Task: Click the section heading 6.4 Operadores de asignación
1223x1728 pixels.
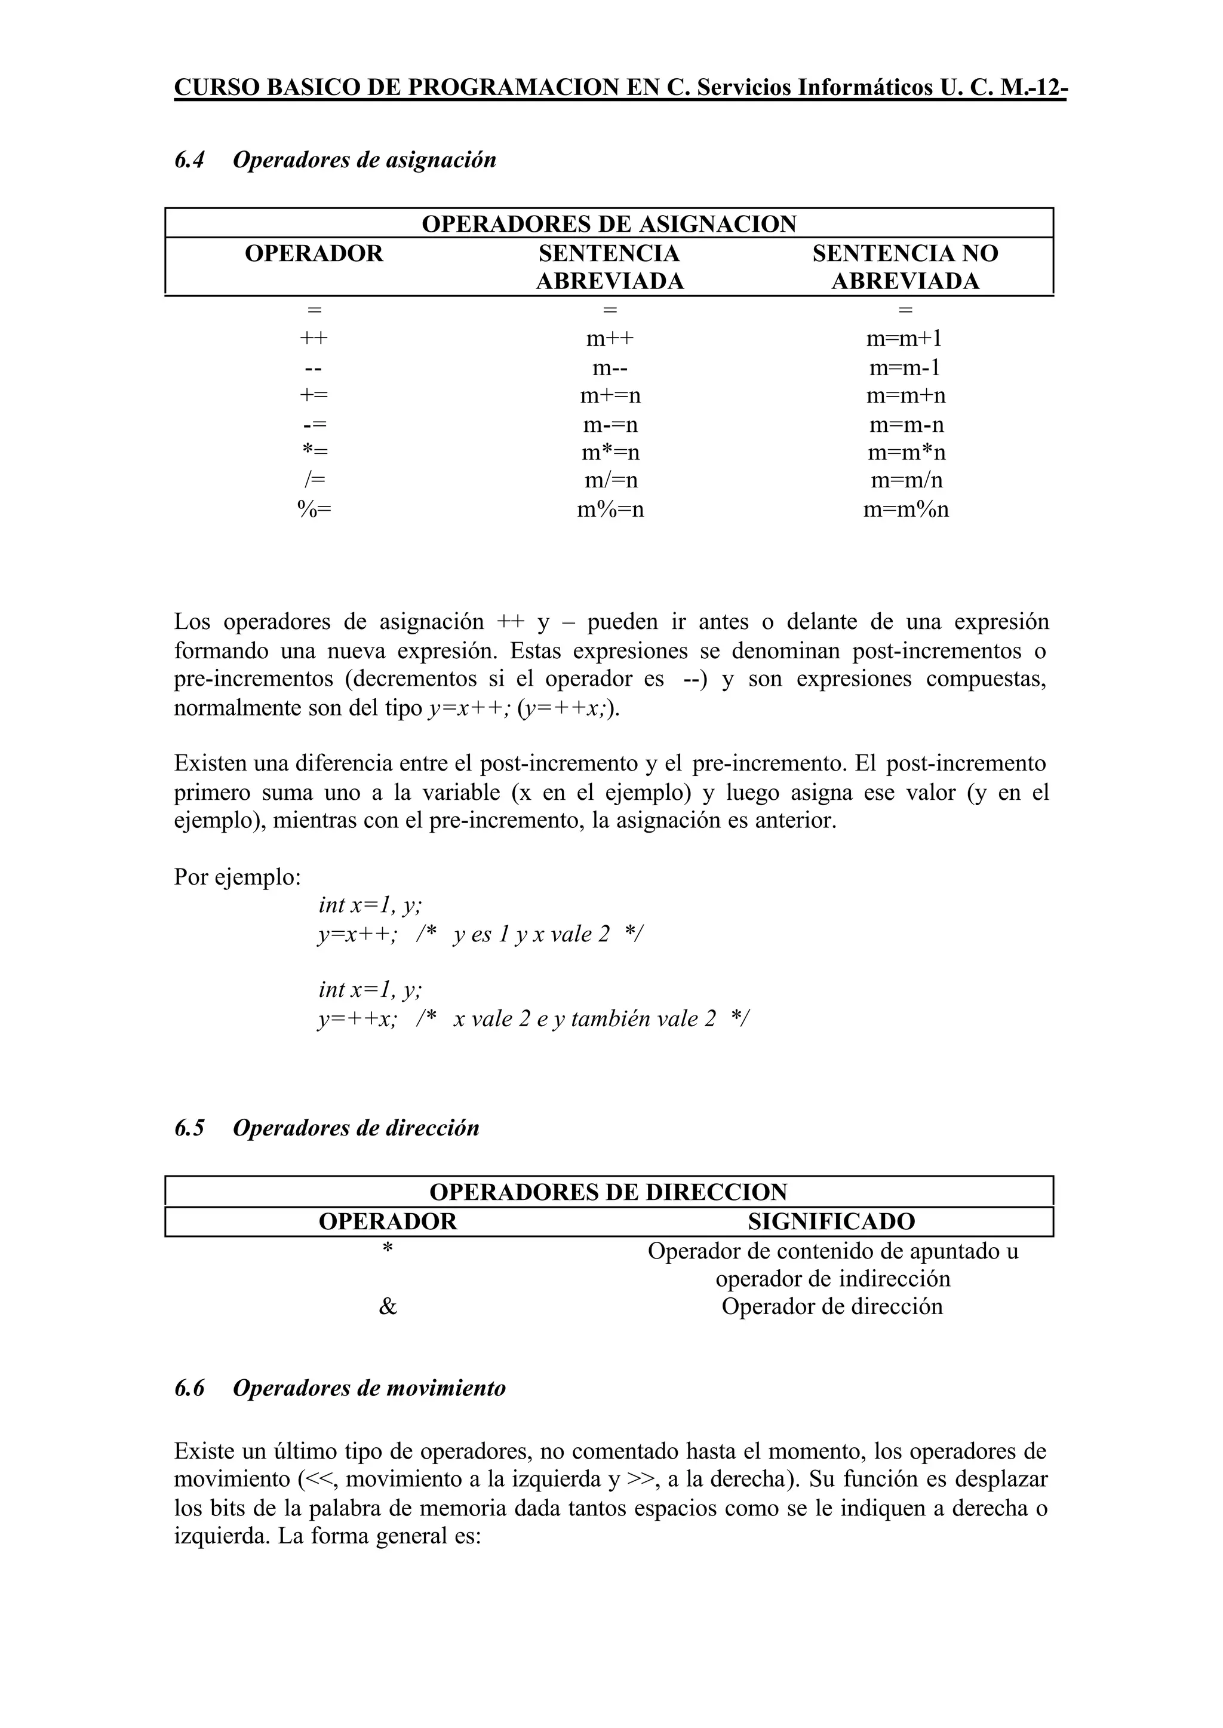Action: pyautogui.click(x=335, y=159)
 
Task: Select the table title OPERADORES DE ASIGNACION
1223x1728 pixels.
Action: pyautogui.click(x=609, y=224)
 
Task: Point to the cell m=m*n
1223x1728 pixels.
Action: pyautogui.click(x=906, y=453)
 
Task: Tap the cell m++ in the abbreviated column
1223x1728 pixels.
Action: pyautogui.click(x=610, y=338)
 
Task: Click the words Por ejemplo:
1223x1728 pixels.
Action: pyautogui.click(x=237, y=877)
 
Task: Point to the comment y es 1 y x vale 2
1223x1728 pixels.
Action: pyautogui.click(x=531, y=934)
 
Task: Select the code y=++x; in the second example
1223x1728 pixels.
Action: pyautogui.click(x=357, y=1019)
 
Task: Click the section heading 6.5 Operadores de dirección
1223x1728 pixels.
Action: pyautogui.click(x=327, y=1128)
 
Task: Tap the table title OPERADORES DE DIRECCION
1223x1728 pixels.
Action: pyautogui.click(x=609, y=1192)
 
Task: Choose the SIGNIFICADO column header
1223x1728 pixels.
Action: pyautogui.click(x=831, y=1221)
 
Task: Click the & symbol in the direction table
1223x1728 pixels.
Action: pyautogui.click(x=388, y=1306)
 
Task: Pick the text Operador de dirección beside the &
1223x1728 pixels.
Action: pyautogui.click(x=831, y=1306)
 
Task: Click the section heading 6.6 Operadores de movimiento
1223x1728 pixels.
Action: pyautogui.click(x=340, y=1388)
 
